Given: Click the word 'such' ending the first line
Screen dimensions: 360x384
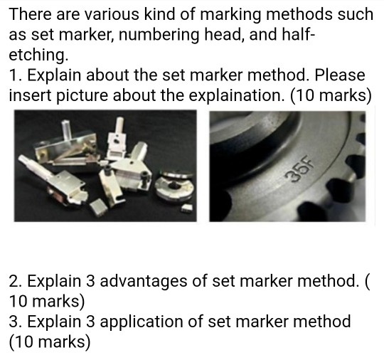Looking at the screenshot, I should (355, 14).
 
